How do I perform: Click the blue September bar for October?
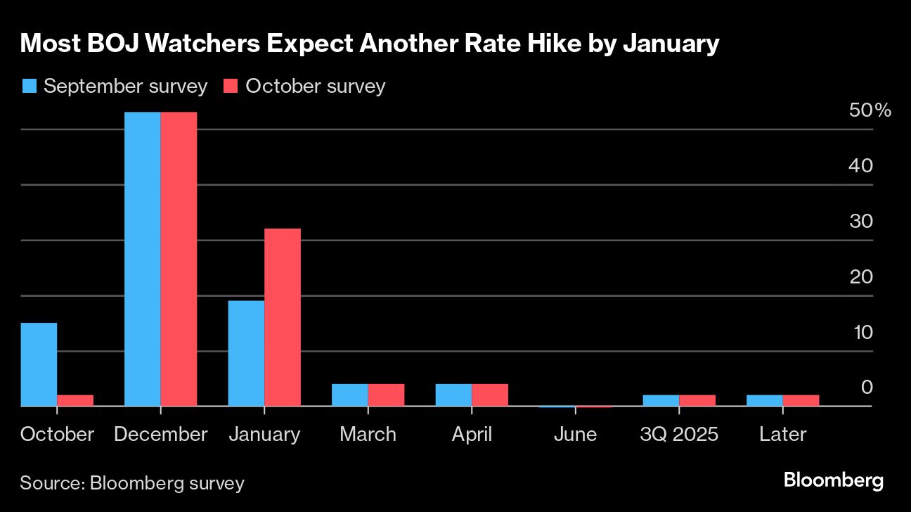click(x=39, y=364)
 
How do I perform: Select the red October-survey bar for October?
click(x=75, y=401)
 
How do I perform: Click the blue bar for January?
click(x=246, y=353)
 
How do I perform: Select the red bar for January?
click(x=283, y=317)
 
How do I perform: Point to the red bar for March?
click(x=386, y=395)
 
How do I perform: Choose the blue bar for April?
click(x=453, y=395)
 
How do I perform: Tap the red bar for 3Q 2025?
click(x=697, y=400)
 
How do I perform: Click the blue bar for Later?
click(x=765, y=400)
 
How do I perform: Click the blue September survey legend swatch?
click(x=30, y=87)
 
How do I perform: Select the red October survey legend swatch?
click(x=231, y=87)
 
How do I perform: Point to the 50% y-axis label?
click(x=870, y=110)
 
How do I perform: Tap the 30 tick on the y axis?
click(x=861, y=221)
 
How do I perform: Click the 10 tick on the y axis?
click(x=861, y=332)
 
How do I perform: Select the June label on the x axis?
click(x=575, y=434)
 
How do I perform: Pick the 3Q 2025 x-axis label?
click(x=679, y=434)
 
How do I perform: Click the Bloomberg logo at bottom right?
click(x=833, y=481)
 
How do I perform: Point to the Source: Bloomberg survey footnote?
click(x=132, y=483)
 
